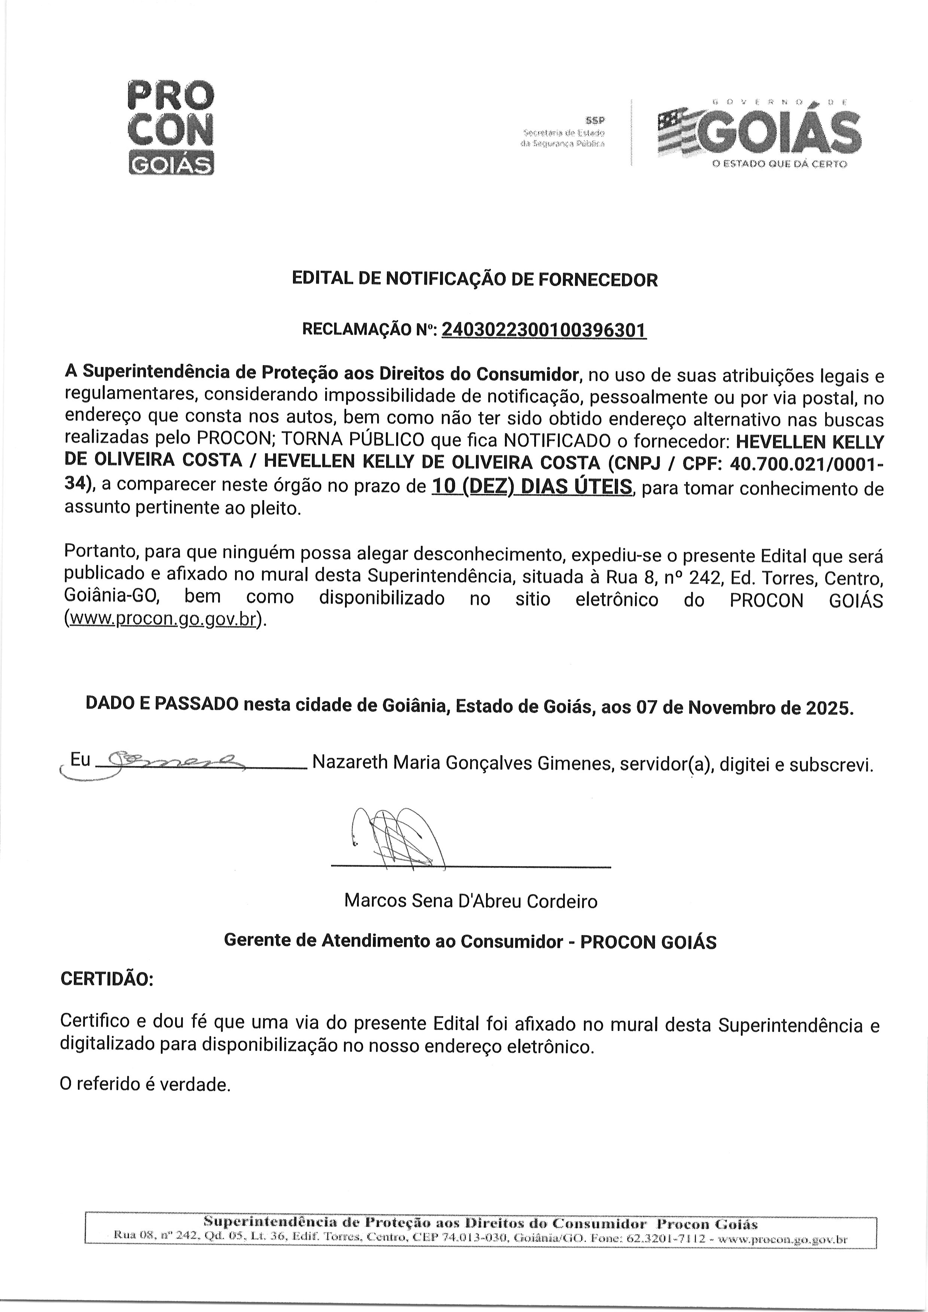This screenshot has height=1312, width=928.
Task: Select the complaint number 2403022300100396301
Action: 544,330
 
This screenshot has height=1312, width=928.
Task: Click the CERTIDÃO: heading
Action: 107,979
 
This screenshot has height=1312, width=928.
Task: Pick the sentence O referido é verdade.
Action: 145,1084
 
